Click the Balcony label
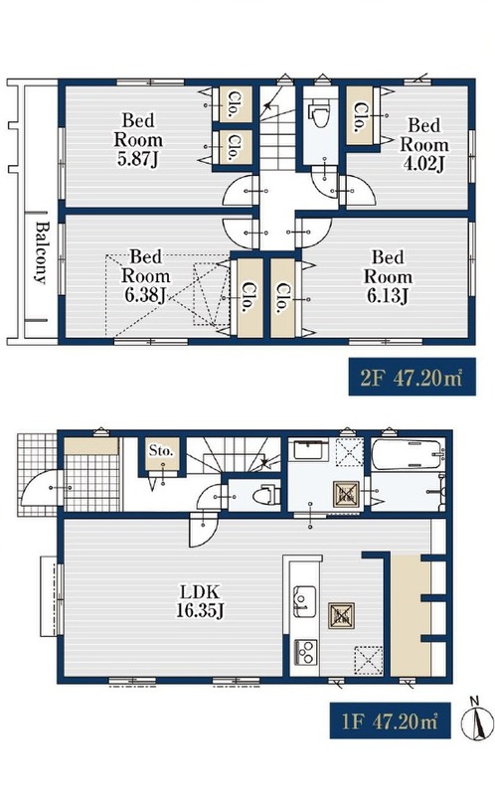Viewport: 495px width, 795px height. coord(43,252)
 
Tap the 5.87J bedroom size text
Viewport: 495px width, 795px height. coord(138,159)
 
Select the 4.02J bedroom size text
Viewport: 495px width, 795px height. coord(424,163)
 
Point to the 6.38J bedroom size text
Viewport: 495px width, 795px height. coord(145,294)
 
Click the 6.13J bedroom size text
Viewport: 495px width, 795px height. coord(388,295)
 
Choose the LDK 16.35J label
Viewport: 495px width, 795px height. coord(200,601)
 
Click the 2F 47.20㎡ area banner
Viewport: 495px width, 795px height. coord(412,377)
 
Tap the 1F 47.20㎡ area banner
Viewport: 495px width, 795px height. coord(390,720)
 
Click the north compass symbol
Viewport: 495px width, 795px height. coord(477,719)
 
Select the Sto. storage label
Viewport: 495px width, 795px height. coord(162,450)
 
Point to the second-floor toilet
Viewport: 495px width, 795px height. coord(319,112)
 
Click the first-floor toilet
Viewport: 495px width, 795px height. coord(266,494)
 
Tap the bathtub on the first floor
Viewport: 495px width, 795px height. coord(408,454)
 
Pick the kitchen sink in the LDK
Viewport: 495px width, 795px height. coord(304,601)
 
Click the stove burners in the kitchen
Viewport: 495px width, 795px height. coord(306,652)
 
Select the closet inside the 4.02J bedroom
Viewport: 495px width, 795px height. coord(360,116)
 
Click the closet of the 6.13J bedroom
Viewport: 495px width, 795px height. coord(282,297)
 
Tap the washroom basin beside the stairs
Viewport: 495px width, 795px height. coord(308,450)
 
